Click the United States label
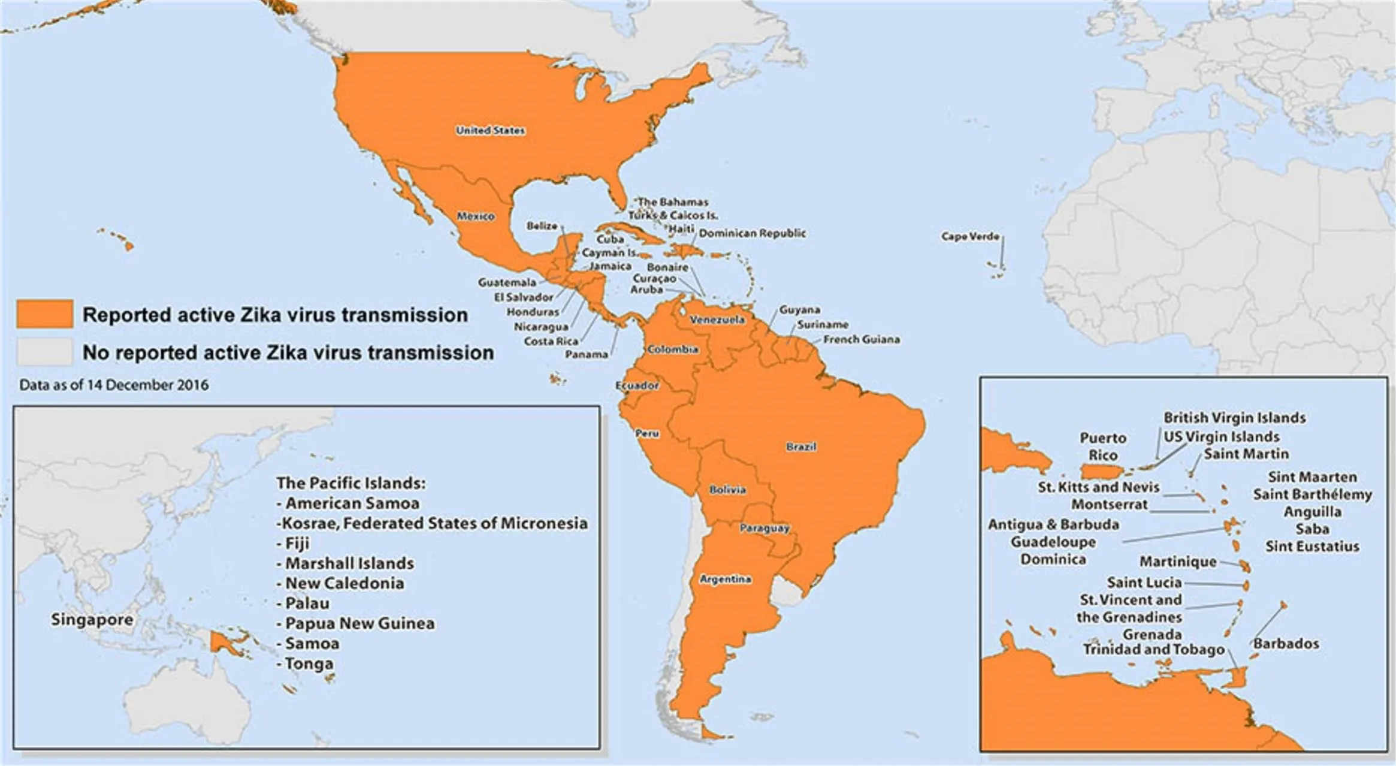click(x=490, y=130)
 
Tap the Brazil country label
click(x=801, y=447)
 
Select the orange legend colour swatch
click(x=45, y=314)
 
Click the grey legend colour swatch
click(x=45, y=352)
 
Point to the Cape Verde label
click(x=970, y=236)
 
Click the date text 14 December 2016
click(x=147, y=385)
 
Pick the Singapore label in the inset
click(x=92, y=619)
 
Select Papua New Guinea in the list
click(x=359, y=623)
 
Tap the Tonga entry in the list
click(x=309, y=664)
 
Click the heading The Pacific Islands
click(x=351, y=483)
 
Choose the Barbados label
click(x=1286, y=644)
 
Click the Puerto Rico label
click(x=1103, y=447)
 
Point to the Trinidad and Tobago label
click(x=1153, y=650)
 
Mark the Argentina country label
click(x=725, y=579)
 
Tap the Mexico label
click(x=476, y=216)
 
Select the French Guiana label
click(x=861, y=339)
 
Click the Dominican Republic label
click(x=752, y=233)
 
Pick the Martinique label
click(x=1178, y=562)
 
